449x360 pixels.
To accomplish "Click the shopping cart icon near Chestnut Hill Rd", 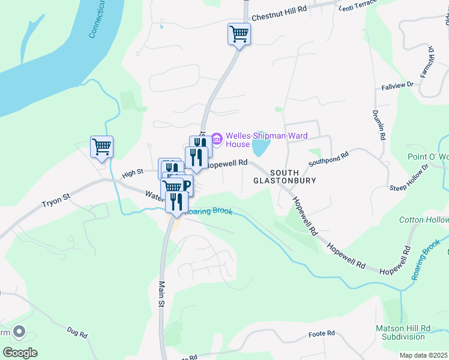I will click(239, 34).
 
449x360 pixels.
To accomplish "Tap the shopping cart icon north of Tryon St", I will click(102, 146).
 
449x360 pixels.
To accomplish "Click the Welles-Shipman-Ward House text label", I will click(255, 140).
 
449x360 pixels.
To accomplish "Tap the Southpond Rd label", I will click(328, 159).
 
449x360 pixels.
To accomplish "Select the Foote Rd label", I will click(321, 334).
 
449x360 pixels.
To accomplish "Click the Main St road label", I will click(161, 295).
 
